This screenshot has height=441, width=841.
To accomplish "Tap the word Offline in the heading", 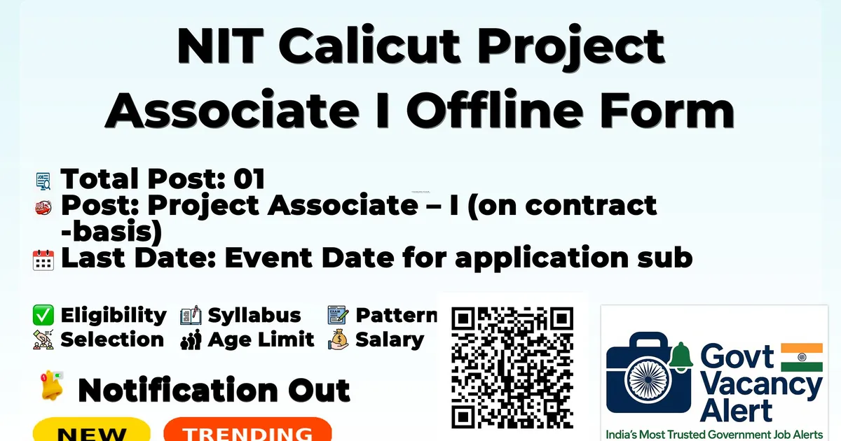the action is coord(495,109).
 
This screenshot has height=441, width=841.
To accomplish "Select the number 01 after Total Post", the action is coord(249,178).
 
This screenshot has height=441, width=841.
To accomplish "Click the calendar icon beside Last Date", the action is coord(43,260).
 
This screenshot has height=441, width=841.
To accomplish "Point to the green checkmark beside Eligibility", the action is coord(43,315).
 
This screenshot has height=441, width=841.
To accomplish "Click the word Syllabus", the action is coord(254,316).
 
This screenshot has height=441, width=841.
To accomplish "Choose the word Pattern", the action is coord(397,315).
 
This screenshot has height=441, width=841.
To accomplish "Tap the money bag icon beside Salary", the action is coord(339,339).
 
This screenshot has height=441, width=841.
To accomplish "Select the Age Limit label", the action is coord(261,339).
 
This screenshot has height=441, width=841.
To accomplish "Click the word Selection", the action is coord(112,339).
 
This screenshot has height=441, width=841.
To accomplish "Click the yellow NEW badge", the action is coord(92,430).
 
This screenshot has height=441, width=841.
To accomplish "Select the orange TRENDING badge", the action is coord(248,430).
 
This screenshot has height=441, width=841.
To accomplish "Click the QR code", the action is coord(512,367).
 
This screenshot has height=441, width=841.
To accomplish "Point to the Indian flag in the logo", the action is coord(802,357).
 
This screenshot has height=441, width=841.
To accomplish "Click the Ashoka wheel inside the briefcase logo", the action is coord(648,379).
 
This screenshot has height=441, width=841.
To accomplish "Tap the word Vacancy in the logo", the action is coord(761,386).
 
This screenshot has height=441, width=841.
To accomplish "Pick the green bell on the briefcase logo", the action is coord(681,356).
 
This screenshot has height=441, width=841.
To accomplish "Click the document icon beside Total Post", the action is coord(43,181).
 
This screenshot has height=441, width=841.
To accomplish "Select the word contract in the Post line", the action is coord(591,206).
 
